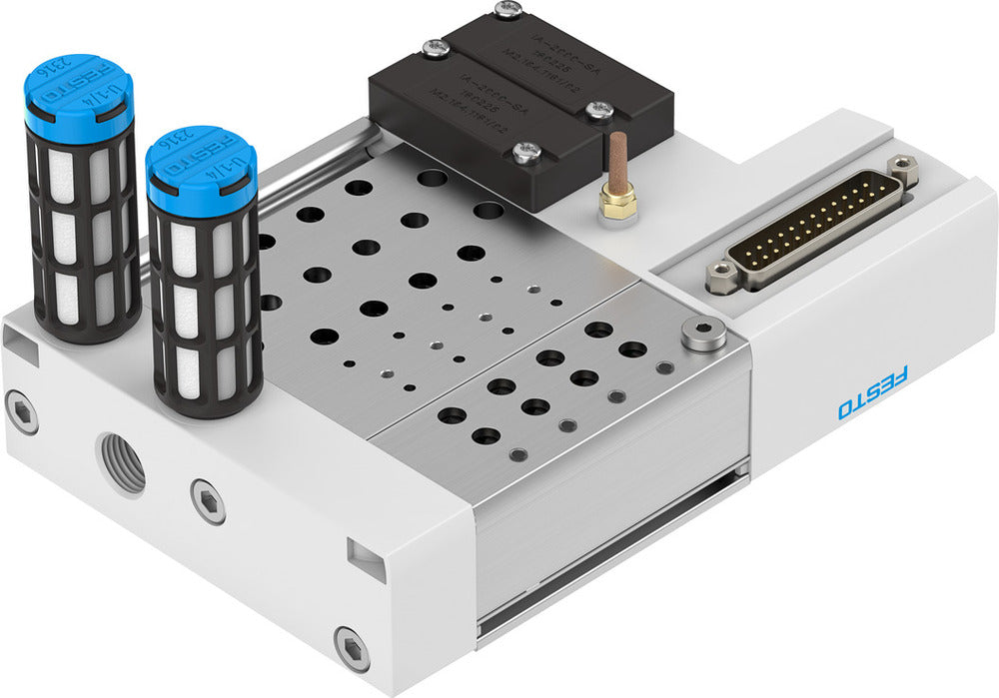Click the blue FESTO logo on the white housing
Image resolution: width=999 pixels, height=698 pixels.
point(873,393)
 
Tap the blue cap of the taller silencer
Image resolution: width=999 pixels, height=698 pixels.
point(78,98)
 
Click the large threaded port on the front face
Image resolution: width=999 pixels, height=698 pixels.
point(121,462)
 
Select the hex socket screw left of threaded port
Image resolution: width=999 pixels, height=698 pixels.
point(21,410)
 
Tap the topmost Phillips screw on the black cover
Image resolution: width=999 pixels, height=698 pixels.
point(508,10)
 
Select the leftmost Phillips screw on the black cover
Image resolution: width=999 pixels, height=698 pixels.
point(435,47)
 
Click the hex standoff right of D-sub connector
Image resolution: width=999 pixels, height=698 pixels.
point(904,171)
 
